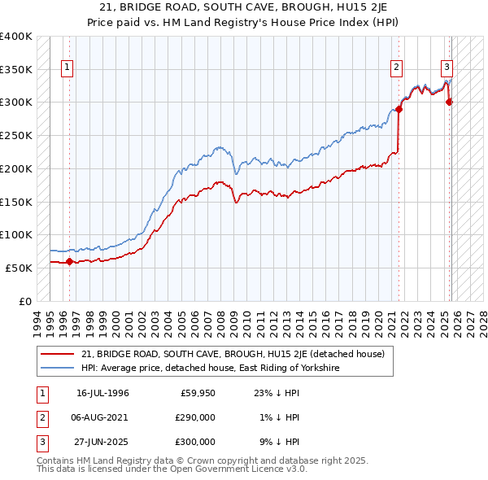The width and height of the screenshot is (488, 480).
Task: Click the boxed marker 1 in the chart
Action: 67,68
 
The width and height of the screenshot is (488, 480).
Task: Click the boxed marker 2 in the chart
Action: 396,68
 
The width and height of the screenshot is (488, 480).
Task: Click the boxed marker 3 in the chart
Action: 447,68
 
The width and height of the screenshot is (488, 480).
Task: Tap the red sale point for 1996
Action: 69,261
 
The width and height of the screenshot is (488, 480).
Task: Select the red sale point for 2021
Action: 399,109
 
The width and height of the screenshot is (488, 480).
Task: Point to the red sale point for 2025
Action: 450,102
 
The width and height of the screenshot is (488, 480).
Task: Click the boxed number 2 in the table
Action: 41,418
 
